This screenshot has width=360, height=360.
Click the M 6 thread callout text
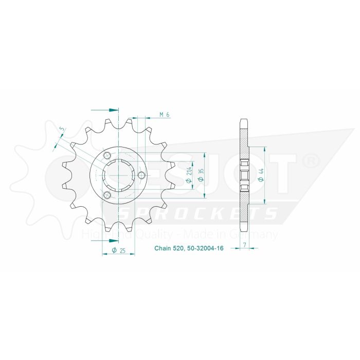[x=164, y=114]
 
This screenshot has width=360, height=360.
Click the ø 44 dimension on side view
[x=261, y=175]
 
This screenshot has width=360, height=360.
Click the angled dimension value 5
[x=62, y=129]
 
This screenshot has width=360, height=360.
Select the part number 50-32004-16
[x=201, y=248]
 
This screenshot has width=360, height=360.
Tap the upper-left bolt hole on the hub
[x=107, y=156]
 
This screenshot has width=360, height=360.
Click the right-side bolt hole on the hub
[x=140, y=175]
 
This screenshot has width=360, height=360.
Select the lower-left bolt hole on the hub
[x=107, y=195]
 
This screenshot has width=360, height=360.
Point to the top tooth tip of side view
[x=244, y=121]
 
